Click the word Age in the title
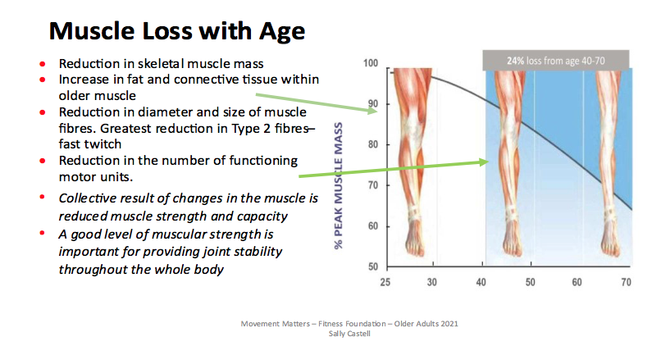(282, 32)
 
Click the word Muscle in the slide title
(92, 30)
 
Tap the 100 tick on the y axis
(371, 63)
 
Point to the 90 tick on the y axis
(372, 104)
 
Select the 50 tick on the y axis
(373, 267)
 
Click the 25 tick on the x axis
(385, 282)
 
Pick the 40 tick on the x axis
(481, 282)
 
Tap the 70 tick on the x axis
(626, 282)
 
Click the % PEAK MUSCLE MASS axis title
(339, 186)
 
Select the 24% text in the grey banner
(515, 61)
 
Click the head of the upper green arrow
(373, 111)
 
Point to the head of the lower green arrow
(484, 162)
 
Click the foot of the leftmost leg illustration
(414, 242)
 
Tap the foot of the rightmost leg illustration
(610, 242)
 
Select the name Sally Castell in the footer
(349, 334)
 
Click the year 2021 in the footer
(449, 324)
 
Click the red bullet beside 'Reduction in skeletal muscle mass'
(43, 64)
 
